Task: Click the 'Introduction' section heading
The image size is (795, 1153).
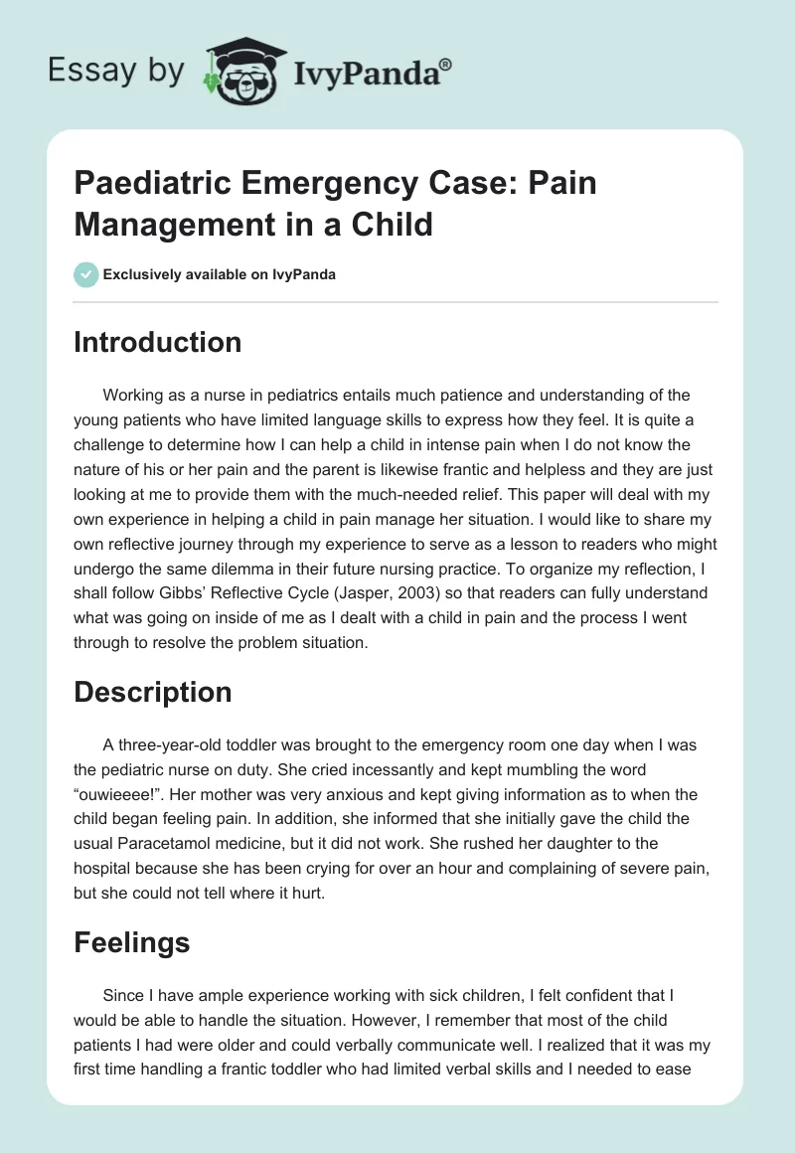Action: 157,343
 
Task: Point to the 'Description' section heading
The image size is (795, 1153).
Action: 152,693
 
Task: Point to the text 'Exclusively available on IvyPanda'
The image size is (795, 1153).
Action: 219,274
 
